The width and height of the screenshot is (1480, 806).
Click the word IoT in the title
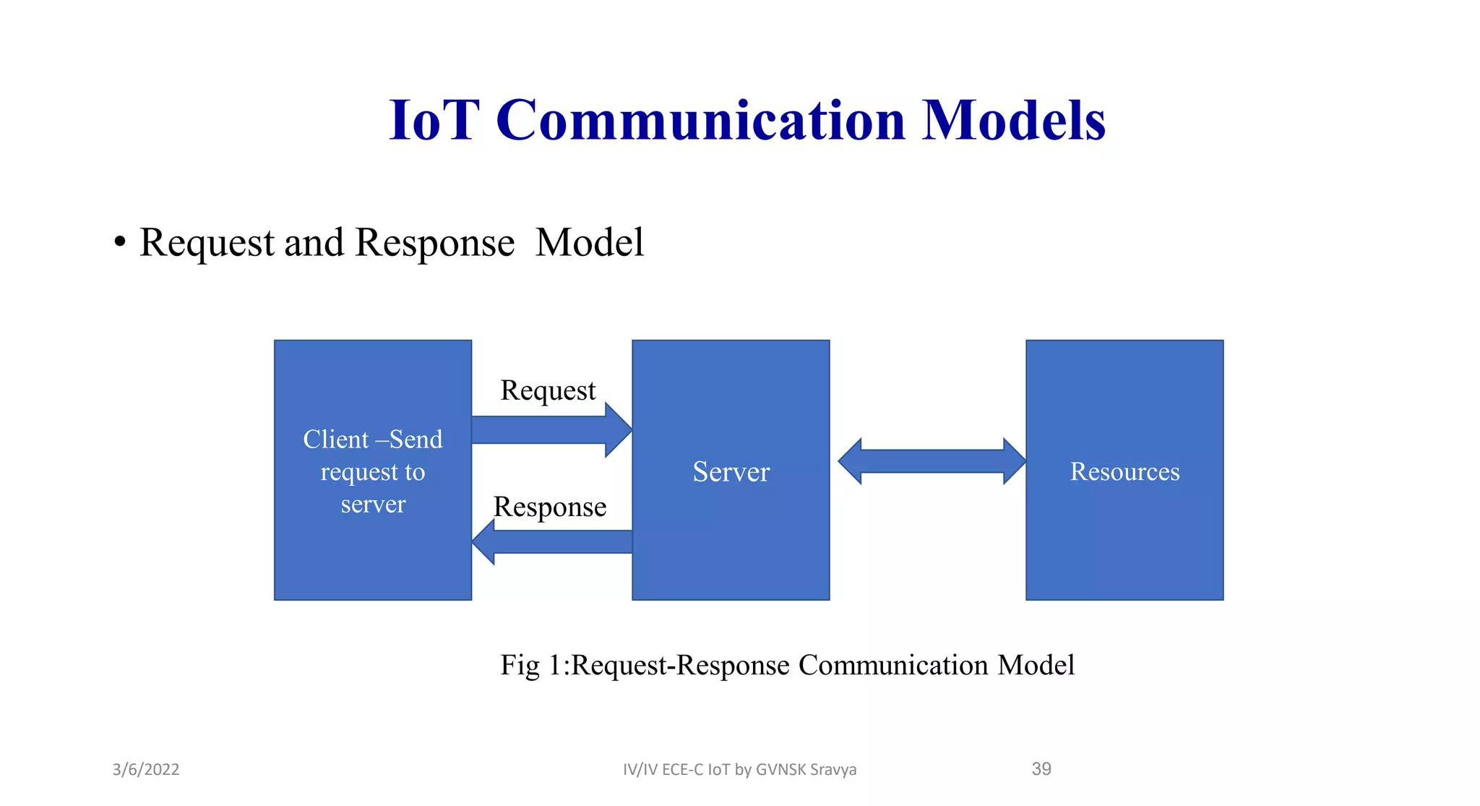[434, 120]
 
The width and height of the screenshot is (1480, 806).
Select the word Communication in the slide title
[700, 120]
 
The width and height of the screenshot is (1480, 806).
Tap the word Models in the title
[1013, 120]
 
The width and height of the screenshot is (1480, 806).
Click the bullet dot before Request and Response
[120, 243]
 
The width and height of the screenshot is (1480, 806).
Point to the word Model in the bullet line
[589, 242]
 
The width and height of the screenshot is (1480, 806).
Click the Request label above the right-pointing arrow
[548, 390]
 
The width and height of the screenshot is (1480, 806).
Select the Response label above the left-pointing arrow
[549, 507]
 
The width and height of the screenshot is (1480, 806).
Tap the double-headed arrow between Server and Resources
[932, 461]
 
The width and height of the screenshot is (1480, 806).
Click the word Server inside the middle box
[731, 471]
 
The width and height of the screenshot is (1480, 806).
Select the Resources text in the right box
[1124, 471]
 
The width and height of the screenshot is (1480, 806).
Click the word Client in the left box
[335, 440]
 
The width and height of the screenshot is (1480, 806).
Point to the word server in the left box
[373, 504]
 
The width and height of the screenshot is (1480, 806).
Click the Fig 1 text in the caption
[530, 665]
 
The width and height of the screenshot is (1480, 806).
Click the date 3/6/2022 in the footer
[146, 769]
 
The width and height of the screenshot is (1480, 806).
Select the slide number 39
[1041, 768]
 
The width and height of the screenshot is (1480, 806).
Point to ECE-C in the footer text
[682, 769]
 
